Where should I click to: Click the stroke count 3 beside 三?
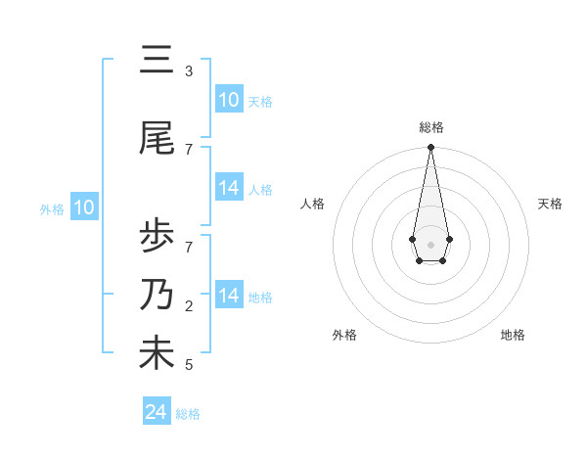pos(188,71)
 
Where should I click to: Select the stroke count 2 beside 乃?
pos(188,306)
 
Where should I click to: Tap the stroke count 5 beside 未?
pos(188,365)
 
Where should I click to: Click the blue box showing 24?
pos(157,412)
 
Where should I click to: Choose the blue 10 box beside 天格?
pos(229,100)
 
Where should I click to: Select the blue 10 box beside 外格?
pos(84,207)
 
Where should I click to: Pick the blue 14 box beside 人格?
pos(229,188)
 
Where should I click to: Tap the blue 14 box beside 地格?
pos(229,296)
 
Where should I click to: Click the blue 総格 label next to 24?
pos(189,414)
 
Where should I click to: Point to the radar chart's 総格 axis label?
pos(430,127)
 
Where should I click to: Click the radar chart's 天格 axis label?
pos(550,204)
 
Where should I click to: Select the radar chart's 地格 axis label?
pos(513,335)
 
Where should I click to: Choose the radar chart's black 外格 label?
pos(344,335)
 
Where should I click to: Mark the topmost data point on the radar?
pos(430,148)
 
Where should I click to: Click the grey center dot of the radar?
pos(430,243)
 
